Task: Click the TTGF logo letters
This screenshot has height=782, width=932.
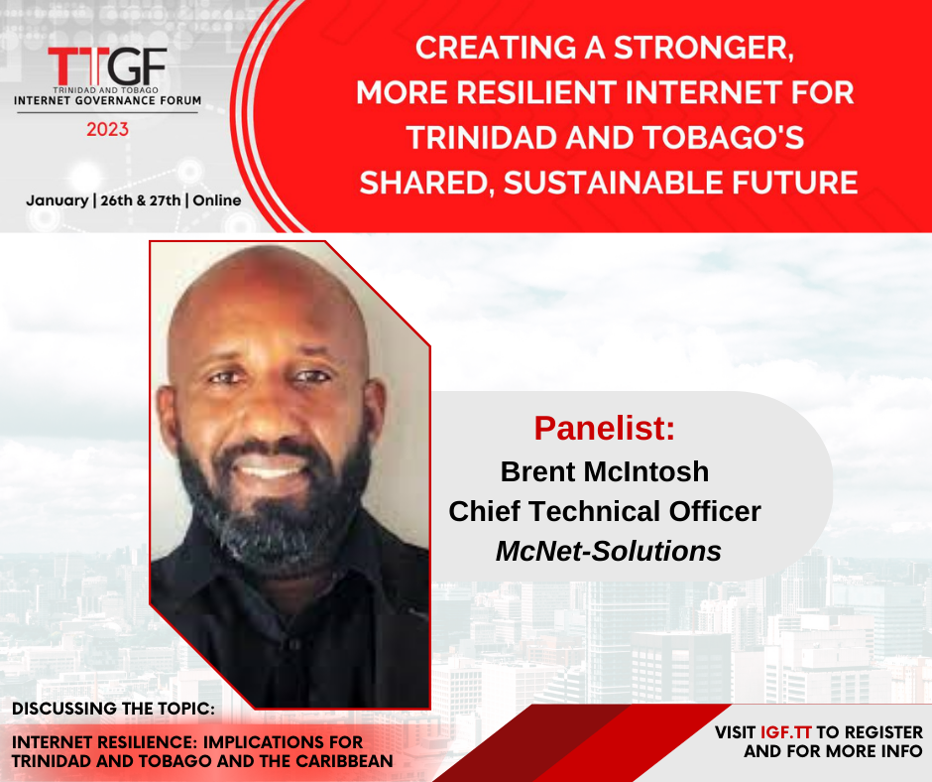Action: coord(108,66)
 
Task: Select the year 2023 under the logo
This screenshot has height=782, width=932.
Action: coord(108,129)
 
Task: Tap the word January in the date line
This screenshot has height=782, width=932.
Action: coord(58,200)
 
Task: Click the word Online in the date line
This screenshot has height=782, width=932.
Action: coord(217,200)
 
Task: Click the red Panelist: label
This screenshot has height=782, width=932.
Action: coord(605,428)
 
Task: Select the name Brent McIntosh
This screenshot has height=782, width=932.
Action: coord(605,472)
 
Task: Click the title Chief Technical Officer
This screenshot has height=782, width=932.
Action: coord(605,511)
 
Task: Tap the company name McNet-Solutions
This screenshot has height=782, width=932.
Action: coord(609,551)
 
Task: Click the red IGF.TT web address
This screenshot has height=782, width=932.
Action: coord(786,732)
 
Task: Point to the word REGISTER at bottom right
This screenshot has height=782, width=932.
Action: coord(883,732)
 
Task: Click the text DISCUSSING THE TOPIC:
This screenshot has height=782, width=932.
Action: coord(114,709)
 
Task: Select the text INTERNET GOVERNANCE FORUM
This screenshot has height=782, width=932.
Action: coord(108,100)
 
